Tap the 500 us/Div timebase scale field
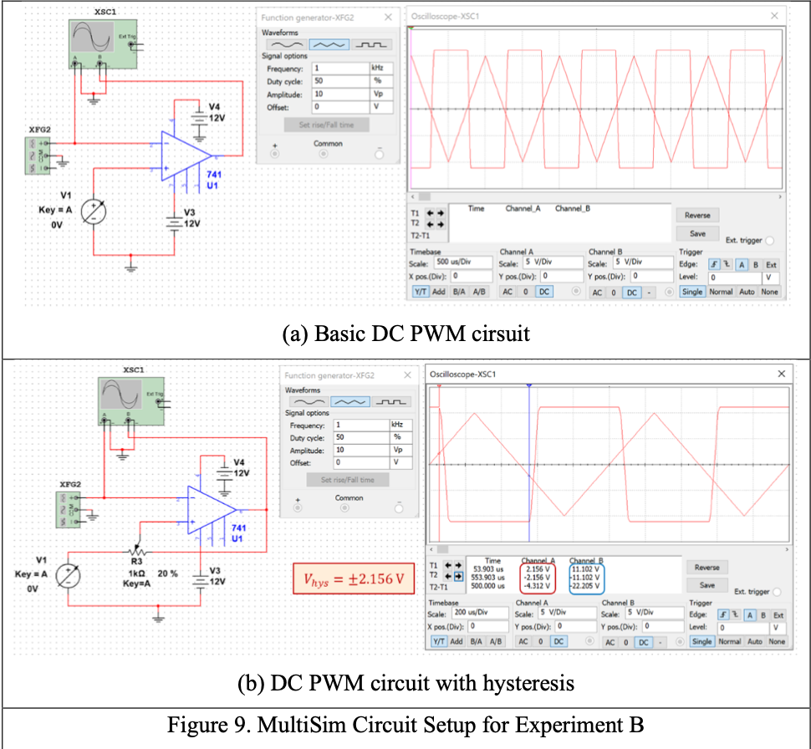[x=462, y=262]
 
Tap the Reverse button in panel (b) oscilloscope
[x=707, y=567]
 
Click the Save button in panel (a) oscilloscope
[x=697, y=234]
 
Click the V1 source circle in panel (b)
[x=66, y=576]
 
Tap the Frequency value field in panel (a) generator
[x=339, y=69]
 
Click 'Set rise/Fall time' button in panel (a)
[x=326, y=125]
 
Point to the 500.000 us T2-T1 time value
[x=489, y=586]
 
